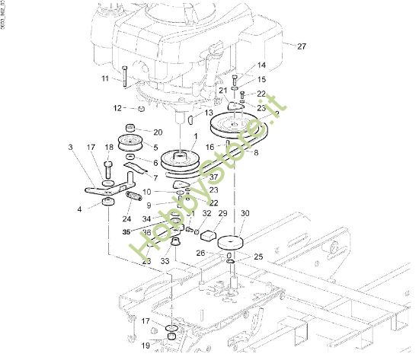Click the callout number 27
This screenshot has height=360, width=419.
302,46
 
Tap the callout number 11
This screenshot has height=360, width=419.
104,78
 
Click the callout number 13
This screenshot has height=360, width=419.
209,112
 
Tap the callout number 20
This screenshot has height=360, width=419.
158,132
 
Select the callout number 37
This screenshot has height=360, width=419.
213,177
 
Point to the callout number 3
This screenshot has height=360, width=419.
70,147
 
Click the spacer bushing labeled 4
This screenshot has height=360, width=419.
108,202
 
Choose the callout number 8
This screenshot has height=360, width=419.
256,152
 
